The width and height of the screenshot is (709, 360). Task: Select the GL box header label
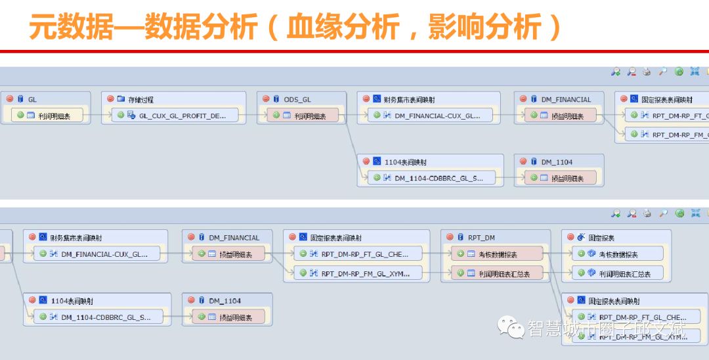[32, 99]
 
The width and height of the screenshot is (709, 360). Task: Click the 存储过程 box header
[140, 99]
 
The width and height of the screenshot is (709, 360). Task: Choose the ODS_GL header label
[297, 99]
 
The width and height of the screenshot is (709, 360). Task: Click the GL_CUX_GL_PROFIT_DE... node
[177, 116]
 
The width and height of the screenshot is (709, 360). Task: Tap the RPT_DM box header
[481, 237]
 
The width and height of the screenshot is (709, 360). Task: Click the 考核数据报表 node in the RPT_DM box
[498, 254]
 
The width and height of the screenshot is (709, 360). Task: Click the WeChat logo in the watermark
[510, 326]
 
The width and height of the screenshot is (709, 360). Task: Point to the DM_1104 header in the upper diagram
[556, 161]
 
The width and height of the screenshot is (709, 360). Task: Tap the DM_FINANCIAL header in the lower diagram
[234, 237]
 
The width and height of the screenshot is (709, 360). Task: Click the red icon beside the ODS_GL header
[266, 99]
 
